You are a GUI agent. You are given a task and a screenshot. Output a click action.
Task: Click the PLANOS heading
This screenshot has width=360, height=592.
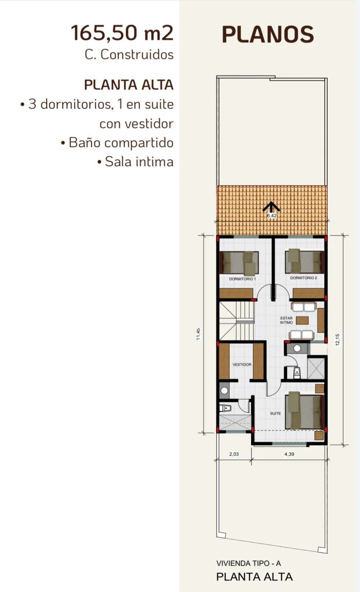268,35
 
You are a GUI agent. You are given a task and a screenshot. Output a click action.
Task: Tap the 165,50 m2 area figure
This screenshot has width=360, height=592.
122,33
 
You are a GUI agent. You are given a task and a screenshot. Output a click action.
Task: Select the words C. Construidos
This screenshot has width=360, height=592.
129,55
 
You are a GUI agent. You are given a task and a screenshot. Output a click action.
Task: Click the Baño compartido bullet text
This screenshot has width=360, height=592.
117,143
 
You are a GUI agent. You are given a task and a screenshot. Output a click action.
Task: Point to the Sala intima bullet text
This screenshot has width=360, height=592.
135,162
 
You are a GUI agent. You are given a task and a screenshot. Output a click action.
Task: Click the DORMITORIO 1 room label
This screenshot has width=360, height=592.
243,279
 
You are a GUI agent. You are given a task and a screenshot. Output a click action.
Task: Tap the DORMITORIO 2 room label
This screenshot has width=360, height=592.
304,278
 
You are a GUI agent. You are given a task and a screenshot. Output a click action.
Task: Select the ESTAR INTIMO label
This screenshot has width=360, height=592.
286,320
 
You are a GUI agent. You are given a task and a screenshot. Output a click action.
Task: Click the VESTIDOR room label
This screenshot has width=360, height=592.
242,364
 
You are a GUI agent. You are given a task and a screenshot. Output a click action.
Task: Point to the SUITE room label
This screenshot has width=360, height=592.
275,413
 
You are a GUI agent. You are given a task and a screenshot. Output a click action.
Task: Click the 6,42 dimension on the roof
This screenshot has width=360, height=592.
272,216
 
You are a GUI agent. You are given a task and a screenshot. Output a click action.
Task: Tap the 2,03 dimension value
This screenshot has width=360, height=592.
234,454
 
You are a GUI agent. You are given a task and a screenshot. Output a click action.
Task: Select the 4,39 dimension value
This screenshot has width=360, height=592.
289,454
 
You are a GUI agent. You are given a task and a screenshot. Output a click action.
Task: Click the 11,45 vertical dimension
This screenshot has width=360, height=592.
198,334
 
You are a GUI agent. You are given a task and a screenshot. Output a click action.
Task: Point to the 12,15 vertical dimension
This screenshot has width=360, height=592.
338,340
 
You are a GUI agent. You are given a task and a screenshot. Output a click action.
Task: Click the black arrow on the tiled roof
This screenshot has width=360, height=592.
271,207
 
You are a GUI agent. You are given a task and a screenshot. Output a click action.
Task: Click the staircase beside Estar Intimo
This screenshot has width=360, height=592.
237,321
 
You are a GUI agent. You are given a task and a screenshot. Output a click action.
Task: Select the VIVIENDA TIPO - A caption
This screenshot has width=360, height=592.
249,563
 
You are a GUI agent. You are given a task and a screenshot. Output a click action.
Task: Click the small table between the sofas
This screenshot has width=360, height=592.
302,320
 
